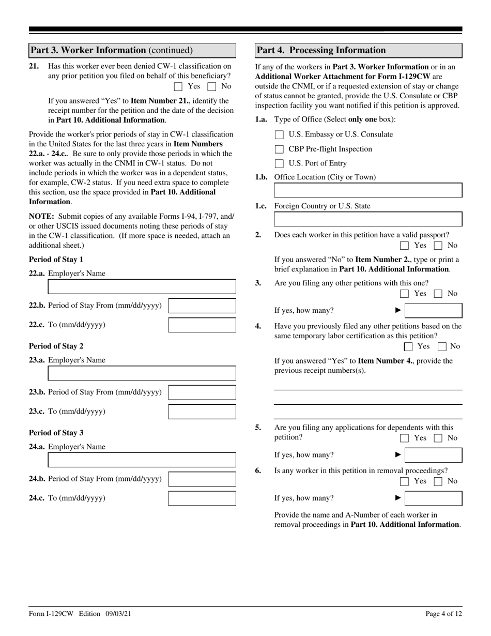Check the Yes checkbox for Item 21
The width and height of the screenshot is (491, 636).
[178, 87]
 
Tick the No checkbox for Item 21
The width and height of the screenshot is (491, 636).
[211, 87]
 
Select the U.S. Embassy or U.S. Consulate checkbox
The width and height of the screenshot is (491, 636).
[279, 135]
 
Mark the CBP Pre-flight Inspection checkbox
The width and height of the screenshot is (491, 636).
[279, 149]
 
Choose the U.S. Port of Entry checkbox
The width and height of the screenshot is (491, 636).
[279, 164]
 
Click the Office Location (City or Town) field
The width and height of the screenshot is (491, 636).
[368, 190]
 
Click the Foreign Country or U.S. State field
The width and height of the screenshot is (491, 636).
[368, 219]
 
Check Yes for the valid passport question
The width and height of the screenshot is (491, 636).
[405, 246]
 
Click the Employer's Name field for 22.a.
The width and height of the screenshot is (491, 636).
[142, 286]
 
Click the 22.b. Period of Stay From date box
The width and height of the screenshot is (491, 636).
[202, 306]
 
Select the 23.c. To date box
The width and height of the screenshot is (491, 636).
[202, 412]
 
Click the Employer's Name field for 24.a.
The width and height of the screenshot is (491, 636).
[142, 460]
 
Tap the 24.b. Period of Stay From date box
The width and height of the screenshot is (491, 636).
[202, 479]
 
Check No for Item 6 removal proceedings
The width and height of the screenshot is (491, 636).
[438, 481]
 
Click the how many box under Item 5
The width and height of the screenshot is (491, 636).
[433, 455]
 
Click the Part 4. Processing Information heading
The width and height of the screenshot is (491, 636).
[321, 50]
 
